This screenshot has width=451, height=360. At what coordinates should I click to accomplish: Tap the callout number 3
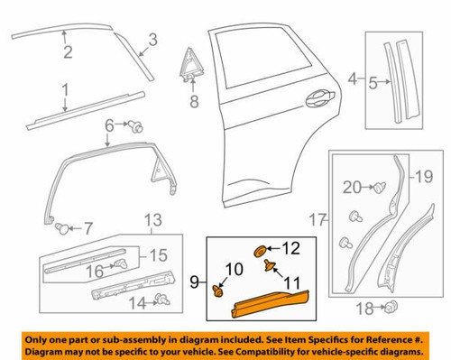click(x=152, y=39)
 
